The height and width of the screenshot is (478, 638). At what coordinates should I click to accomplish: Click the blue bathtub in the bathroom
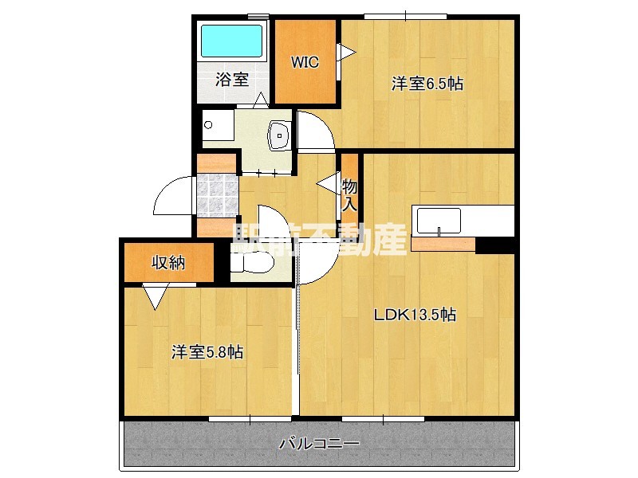click(x=231, y=41)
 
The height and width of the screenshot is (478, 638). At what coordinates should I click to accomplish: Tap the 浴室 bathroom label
click(x=232, y=79)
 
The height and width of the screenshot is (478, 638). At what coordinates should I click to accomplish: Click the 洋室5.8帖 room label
click(x=207, y=352)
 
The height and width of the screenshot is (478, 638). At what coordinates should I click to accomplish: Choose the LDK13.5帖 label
click(x=415, y=314)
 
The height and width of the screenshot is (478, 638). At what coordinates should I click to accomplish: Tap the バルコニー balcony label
click(x=319, y=443)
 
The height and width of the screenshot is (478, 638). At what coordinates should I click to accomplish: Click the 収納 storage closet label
click(x=169, y=262)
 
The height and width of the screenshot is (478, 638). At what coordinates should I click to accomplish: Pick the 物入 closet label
click(x=350, y=195)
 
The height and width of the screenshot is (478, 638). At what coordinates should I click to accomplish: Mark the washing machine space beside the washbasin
click(x=217, y=127)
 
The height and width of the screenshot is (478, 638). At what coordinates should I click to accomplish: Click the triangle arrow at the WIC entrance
click(x=346, y=52)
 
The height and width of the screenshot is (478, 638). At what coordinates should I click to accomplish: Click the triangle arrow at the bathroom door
click(x=260, y=101)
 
